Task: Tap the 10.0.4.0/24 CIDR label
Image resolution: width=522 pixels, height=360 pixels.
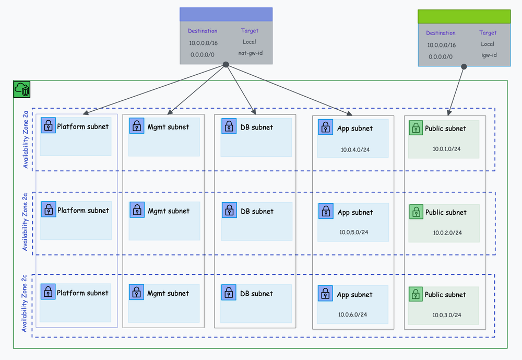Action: point(355,149)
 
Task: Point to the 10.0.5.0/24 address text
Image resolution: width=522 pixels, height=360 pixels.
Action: point(354,233)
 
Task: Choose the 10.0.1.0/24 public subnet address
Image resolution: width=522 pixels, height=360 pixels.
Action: point(446,149)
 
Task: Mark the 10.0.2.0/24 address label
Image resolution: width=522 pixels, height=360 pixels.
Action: point(447,233)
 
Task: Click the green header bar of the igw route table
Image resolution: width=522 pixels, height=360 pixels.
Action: point(464,16)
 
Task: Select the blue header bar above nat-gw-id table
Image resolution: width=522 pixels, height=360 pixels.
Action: point(226,15)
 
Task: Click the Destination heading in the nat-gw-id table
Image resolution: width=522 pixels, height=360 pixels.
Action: point(203,31)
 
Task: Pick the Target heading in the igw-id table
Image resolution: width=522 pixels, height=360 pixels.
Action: point(488,33)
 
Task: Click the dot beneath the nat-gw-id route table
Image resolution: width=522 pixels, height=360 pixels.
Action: point(226,65)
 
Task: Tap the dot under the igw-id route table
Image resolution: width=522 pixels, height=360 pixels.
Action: point(464,67)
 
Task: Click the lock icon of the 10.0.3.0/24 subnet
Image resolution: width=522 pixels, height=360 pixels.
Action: point(416,294)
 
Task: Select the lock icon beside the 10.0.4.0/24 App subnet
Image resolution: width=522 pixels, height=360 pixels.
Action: point(325,127)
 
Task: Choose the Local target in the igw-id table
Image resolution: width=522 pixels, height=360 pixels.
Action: point(488,44)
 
